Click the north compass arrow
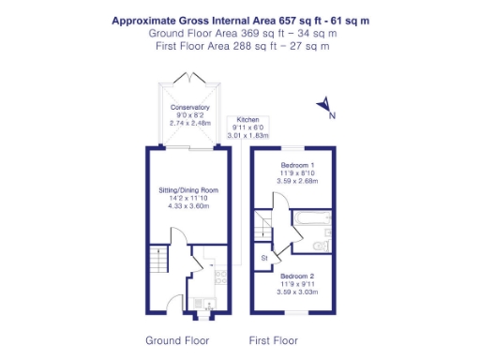[x=324, y=104]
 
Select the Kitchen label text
[x=247, y=121]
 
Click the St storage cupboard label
[x=265, y=257]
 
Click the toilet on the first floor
[x=321, y=246]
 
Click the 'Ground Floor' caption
[x=177, y=340]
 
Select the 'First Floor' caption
[x=273, y=340]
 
